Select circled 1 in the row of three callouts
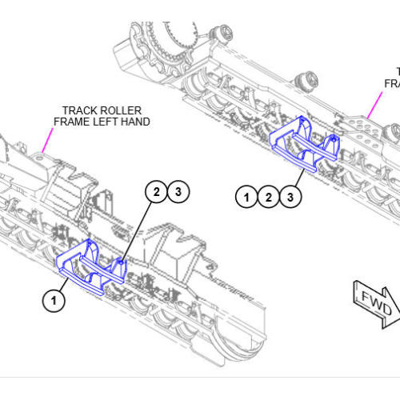[247, 195]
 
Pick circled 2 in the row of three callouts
[270, 195]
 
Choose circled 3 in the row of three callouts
[291, 195]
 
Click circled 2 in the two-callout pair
[157, 191]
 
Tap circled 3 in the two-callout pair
[178, 191]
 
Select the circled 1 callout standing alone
[54, 301]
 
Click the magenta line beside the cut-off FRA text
[375, 104]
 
